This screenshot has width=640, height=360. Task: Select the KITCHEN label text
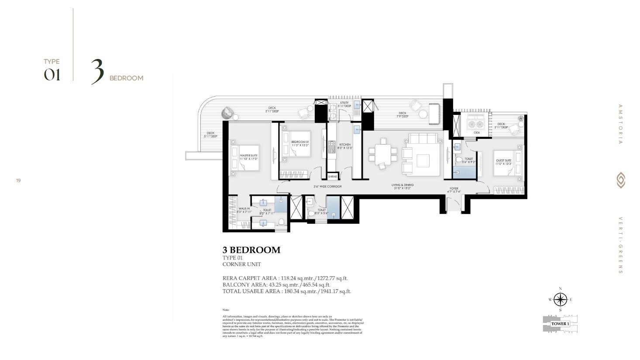coord(345,145)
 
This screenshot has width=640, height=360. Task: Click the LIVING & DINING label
coord(402,185)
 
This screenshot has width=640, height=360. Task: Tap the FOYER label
coord(454,189)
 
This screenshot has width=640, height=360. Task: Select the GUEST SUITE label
coord(503,160)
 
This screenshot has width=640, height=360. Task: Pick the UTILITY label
coord(344,103)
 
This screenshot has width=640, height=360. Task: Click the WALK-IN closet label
coord(244,209)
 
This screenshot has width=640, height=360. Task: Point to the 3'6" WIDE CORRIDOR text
coord(327,187)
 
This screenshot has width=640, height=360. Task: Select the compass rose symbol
coord(560,300)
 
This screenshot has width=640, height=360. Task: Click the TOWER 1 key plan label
coord(560,324)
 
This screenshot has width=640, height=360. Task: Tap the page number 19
coord(18,180)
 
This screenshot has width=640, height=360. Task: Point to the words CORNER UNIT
coord(241,264)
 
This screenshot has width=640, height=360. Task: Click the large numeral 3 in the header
coord(97,71)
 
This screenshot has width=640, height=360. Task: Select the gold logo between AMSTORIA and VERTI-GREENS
coord(620,180)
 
